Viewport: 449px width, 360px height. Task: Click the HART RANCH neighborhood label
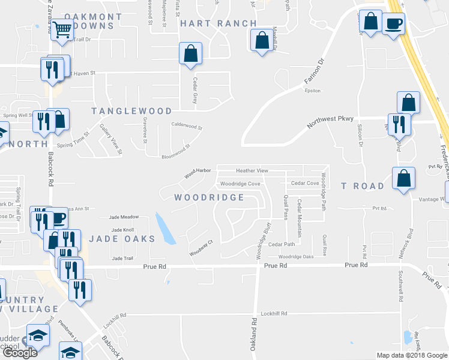218,23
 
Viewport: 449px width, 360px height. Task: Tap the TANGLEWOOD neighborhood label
131,111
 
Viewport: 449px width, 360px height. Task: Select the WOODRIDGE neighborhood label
209,197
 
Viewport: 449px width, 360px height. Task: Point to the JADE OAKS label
122,239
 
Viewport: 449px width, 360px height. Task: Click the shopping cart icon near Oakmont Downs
62,30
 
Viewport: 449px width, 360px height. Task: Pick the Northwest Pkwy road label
330,122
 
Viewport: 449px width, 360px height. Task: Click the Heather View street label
252,171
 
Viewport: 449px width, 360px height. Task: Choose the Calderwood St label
187,127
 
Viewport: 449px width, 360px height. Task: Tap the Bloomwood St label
176,151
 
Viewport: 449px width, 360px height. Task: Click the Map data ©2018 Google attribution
411,355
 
